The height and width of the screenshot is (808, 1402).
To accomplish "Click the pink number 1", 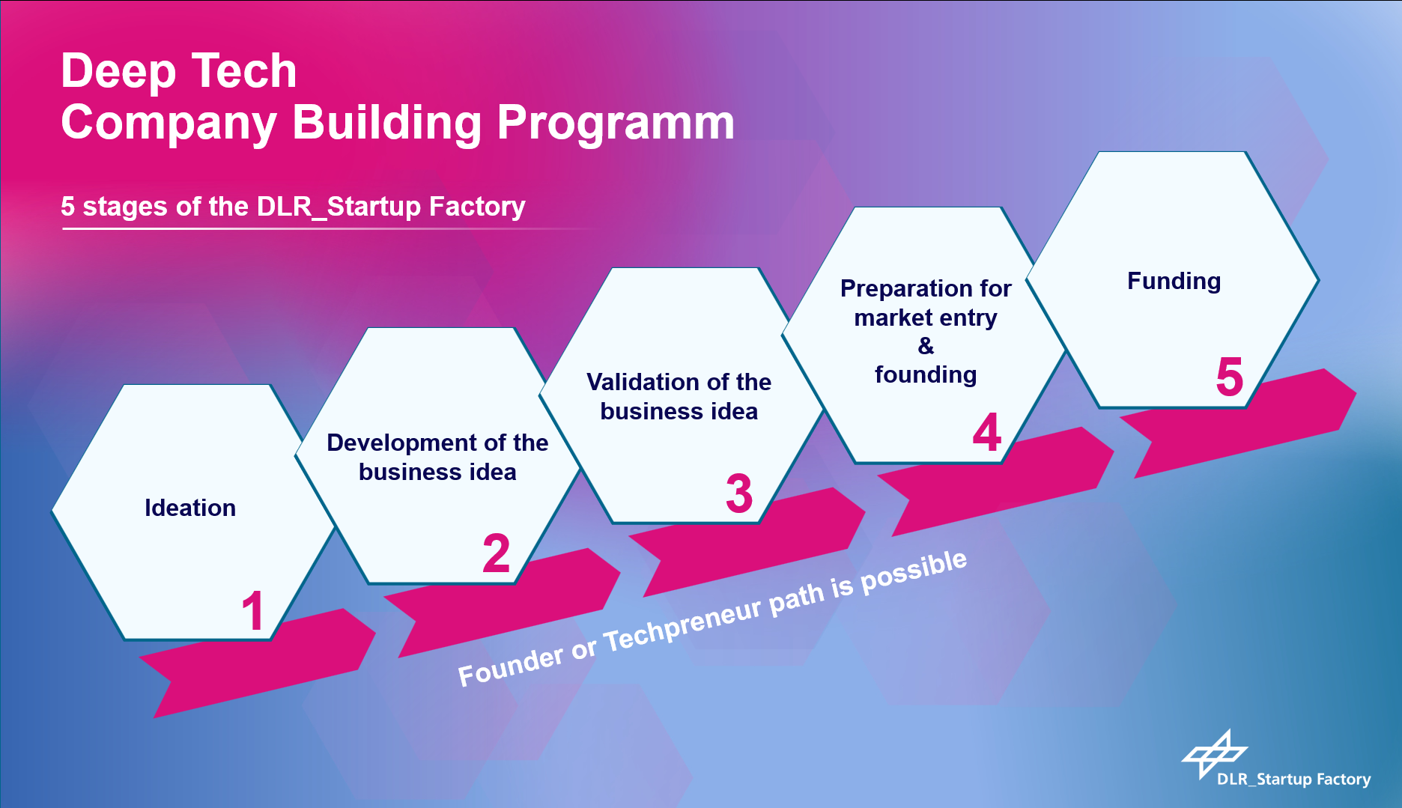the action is tap(253, 610).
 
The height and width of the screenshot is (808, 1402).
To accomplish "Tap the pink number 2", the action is tap(496, 553).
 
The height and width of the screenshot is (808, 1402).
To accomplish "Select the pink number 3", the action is tap(739, 493).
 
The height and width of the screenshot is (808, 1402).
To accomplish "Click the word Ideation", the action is tap(190, 508).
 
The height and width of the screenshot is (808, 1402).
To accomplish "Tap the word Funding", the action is tap(1174, 282).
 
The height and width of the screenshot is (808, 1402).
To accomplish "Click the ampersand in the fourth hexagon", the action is tap(926, 345).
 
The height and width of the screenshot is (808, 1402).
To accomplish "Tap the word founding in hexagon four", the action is tap(926, 374).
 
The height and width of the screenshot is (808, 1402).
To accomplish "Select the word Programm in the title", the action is tap(616, 124).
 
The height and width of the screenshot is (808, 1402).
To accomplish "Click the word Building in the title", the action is tap(387, 124).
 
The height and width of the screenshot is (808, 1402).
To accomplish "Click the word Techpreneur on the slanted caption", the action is tap(683, 623).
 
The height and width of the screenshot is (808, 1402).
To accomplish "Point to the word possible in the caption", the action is tap(914, 571).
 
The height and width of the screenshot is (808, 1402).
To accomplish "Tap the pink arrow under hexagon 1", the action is tap(258, 663).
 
